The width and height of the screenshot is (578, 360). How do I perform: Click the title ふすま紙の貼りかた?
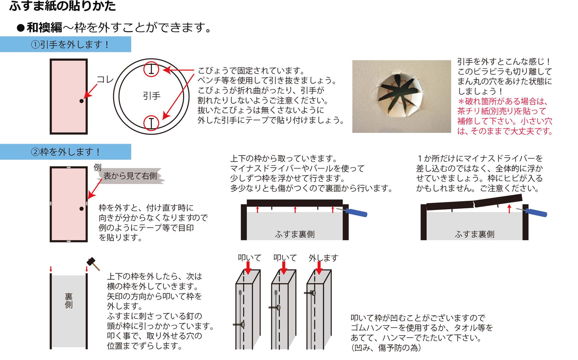tap(62, 6)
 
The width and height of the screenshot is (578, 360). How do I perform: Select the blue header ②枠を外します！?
tap(66, 152)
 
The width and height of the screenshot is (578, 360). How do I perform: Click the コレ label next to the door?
tap(105, 80)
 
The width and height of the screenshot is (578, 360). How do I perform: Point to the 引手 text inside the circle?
tap(152, 96)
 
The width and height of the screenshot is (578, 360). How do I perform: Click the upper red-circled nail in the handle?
tap(151, 70)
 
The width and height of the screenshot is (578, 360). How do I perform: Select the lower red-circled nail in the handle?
tap(151, 123)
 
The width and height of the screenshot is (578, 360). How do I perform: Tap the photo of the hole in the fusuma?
tap(401, 96)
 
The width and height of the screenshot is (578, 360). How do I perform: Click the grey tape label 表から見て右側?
tap(130, 176)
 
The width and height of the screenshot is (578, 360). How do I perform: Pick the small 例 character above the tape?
tap(98, 167)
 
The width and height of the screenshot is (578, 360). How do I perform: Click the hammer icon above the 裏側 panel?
tap(93, 263)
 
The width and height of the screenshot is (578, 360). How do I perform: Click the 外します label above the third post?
tap(323, 258)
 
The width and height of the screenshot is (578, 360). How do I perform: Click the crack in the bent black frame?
tap(474, 204)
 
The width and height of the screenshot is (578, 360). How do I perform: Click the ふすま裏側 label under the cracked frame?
tap(474, 234)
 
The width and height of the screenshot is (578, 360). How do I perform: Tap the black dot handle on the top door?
tap(82, 101)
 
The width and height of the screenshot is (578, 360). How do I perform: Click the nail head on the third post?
tap(313, 293)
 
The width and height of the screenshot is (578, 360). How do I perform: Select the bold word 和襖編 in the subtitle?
tap(44, 28)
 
